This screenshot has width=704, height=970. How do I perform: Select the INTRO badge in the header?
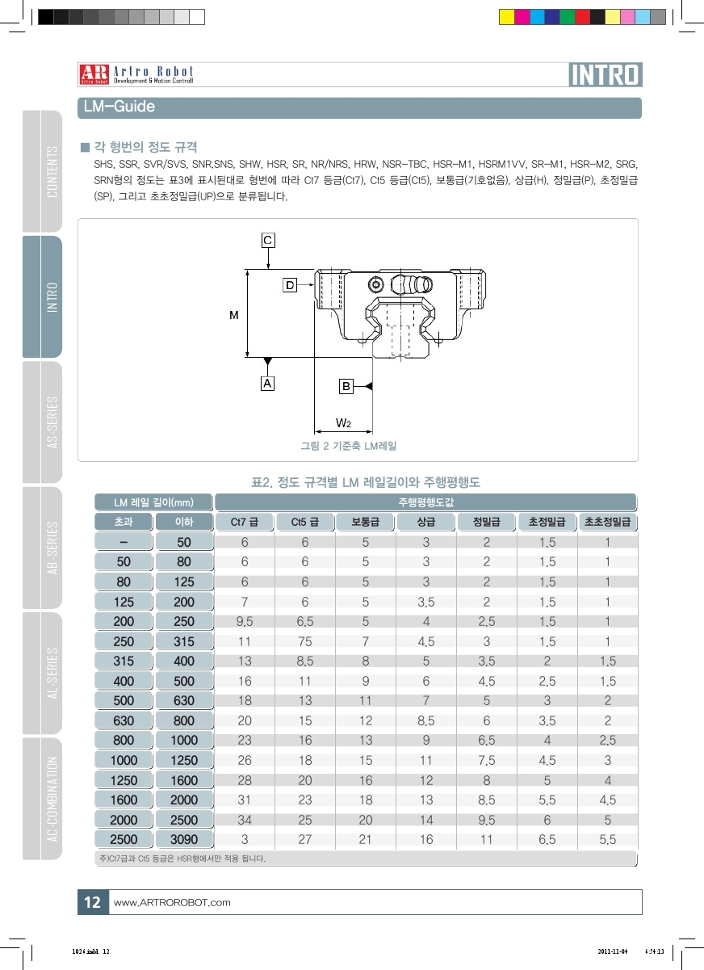[x=606, y=74]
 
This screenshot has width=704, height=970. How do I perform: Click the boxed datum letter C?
[x=268, y=240]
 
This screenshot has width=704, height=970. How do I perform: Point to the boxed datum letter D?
[x=289, y=284]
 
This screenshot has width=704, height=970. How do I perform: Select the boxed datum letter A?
[x=267, y=384]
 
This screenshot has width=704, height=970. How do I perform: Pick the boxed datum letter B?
[x=346, y=386]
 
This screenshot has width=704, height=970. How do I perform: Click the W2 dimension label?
[x=343, y=423]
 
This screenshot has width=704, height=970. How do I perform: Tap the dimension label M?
[x=233, y=315]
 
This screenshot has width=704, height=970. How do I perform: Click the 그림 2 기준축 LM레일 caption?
[x=349, y=446]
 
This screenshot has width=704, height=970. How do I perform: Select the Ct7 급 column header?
[x=245, y=522]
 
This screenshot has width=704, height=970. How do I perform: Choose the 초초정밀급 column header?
[x=608, y=522]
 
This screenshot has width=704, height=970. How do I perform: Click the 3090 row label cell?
[x=184, y=840]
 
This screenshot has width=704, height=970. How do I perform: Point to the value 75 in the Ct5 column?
[x=305, y=642]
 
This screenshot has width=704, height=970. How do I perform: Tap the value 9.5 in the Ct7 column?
[x=245, y=622]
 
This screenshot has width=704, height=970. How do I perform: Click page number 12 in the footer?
[x=92, y=902]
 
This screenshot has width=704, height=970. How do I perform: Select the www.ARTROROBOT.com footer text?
[x=173, y=902]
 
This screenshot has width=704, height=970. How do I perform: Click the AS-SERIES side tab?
[x=52, y=422]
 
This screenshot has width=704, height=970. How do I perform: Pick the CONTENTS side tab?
[x=52, y=171]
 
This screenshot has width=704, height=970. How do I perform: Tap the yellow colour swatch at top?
[x=507, y=17]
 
